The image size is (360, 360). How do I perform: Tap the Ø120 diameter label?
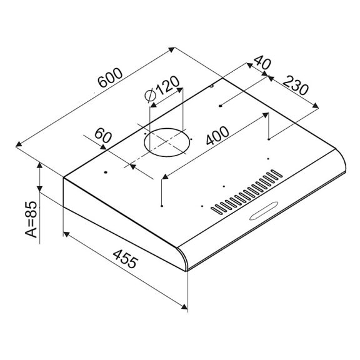point(162,91)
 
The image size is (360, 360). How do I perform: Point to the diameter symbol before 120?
point(149,97)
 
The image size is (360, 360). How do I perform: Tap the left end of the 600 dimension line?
point(17,144)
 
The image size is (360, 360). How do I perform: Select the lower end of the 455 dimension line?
point(187,307)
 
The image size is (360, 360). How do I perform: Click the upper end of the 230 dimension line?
point(267,77)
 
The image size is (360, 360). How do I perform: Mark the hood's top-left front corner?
point(64,177)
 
